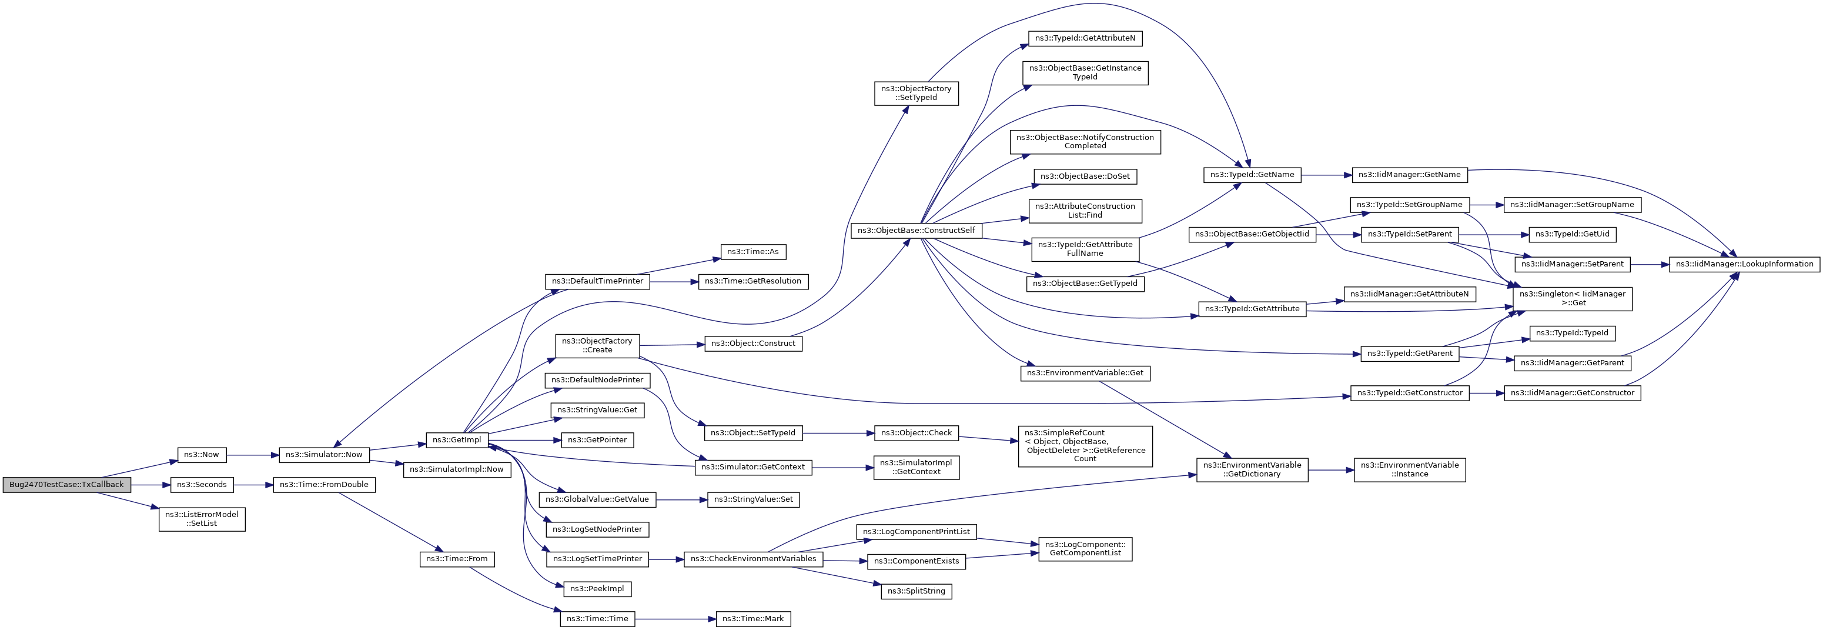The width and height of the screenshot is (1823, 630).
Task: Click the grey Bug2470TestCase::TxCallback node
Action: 66,485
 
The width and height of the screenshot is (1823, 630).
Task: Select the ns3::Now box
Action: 202,455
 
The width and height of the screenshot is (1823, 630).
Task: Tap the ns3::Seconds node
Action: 202,485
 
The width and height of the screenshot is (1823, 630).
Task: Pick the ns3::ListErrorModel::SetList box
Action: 202,519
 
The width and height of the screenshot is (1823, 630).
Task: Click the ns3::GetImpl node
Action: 456,439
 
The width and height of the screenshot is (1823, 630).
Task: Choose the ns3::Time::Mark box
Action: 753,619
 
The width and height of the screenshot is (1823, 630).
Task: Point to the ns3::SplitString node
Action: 916,591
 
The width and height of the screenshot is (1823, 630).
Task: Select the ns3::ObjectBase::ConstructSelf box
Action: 916,231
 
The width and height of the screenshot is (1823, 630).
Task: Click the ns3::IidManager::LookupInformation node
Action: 1744,264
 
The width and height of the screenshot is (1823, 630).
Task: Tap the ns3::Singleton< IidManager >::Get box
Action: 1573,299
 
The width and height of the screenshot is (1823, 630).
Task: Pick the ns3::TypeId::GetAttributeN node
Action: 1085,38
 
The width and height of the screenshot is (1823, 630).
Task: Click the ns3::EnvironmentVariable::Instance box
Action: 1410,470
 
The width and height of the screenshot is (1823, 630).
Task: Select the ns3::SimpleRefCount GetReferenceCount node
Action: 1085,446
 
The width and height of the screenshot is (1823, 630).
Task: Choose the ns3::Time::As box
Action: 753,251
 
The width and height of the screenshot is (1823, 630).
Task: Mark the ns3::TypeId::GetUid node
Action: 1573,234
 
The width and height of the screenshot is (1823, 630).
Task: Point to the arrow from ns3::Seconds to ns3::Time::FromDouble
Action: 253,485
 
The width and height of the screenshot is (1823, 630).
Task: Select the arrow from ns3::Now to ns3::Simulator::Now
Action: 253,455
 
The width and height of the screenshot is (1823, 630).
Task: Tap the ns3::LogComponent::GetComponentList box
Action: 1085,549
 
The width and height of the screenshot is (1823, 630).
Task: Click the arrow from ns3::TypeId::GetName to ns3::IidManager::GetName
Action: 1326,175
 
